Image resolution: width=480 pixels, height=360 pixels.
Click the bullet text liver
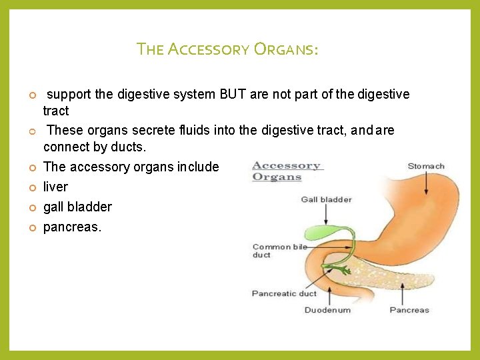pyautogui.click(x=55, y=187)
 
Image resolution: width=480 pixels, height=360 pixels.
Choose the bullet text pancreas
pyautogui.click(x=72, y=227)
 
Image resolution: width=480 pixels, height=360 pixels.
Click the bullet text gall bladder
pyautogui.click(x=77, y=207)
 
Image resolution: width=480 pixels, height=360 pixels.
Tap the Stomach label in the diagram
pyautogui.click(x=426, y=166)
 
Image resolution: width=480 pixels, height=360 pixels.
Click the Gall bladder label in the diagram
pyautogui.click(x=326, y=199)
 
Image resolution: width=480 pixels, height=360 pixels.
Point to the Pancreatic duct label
pyautogui.click(x=284, y=293)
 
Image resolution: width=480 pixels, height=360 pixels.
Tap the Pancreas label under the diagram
pyautogui.click(x=409, y=310)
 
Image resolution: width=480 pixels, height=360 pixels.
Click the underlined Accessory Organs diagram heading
pyautogui.click(x=287, y=171)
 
